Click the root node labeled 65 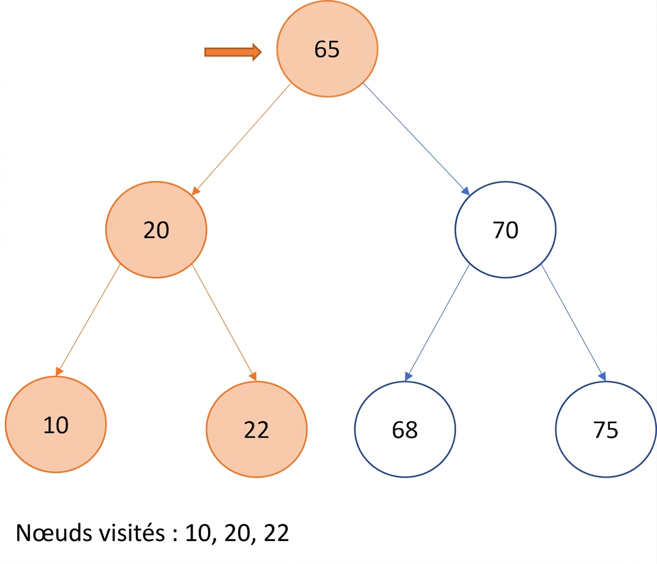[x=327, y=49]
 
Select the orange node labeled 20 [x=156, y=230]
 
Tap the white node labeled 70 [x=505, y=230]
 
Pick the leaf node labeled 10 [x=56, y=424]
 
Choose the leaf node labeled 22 [x=256, y=429]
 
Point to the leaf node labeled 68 [x=405, y=429]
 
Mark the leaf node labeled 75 [x=606, y=429]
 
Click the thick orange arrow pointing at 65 [x=233, y=52]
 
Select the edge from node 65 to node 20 [x=242, y=139]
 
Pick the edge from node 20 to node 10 [x=88, y=320]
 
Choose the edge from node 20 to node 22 [x=224, y=323]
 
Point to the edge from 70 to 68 [x=437, y=323]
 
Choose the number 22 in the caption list [x=276, y=533]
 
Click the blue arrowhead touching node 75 [x=602, y=376]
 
